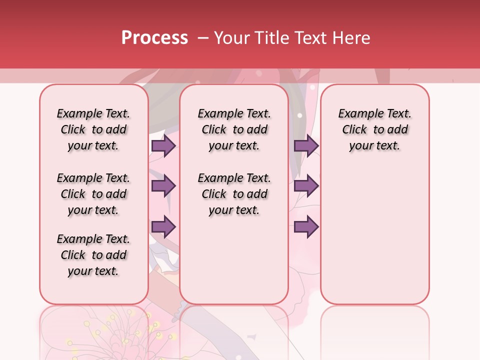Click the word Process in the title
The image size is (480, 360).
pos(154,38)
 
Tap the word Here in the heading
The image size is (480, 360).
pos(352,38)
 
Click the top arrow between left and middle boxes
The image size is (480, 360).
pos(163,146)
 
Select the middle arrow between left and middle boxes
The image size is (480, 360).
pos(163,186)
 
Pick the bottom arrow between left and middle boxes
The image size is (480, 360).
pos(163,226)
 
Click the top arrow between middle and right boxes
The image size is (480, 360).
pos(306,146)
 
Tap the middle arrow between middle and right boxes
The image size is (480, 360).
pos(306,186)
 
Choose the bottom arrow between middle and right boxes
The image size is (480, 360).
pos(306,226)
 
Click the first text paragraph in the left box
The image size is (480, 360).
pos(93,129)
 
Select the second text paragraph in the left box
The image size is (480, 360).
pos(93,194)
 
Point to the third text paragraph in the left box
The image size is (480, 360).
pos(93,255)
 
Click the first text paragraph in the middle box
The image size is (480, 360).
pos(234,129)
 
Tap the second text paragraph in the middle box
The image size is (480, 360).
pos(234,194)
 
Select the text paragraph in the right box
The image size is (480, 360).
pos(375,129)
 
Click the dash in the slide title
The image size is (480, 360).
pos(202,38)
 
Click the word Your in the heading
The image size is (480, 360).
pos(230,38)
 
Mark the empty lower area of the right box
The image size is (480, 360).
pos(375,235)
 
